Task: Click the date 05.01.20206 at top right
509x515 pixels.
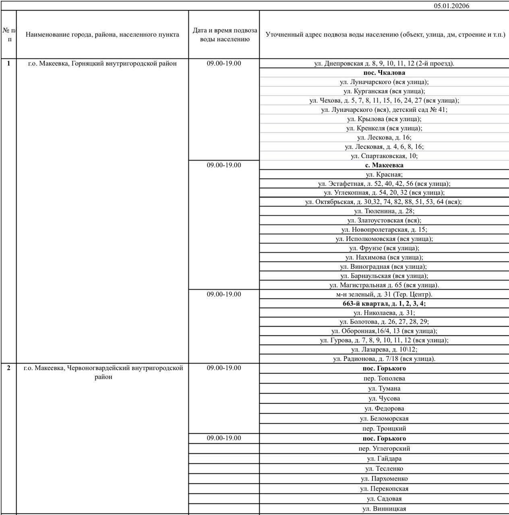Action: pos(451,6)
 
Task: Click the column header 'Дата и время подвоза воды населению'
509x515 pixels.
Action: pos(224,35)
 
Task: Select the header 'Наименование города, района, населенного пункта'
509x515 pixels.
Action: pos(102,35)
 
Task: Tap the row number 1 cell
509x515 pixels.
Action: pos(8,63)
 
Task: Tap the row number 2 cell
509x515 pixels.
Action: pos(8,368)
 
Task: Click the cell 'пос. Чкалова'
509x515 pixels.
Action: pos(384,73)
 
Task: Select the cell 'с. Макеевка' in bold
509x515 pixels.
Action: pos(384,165)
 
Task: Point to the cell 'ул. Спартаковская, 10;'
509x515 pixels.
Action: pos(384,156)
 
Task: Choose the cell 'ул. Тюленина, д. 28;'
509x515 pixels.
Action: pos(384,211)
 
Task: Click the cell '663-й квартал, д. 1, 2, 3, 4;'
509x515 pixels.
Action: pos(384,304)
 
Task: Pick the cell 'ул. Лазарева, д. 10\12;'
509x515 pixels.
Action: pos(384,350)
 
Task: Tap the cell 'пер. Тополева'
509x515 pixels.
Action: pos(384,379)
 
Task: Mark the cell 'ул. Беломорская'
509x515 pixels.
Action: pos(384,419)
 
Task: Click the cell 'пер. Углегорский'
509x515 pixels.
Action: pos(384,449)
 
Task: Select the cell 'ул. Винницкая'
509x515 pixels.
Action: pos(384,509)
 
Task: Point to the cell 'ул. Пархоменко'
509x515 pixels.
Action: pos(384,479)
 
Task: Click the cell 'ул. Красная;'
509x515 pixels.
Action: pos(384,175)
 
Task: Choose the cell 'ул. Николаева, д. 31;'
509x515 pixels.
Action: pos(384,313)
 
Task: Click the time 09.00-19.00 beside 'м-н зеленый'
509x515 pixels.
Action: pos(224,295)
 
